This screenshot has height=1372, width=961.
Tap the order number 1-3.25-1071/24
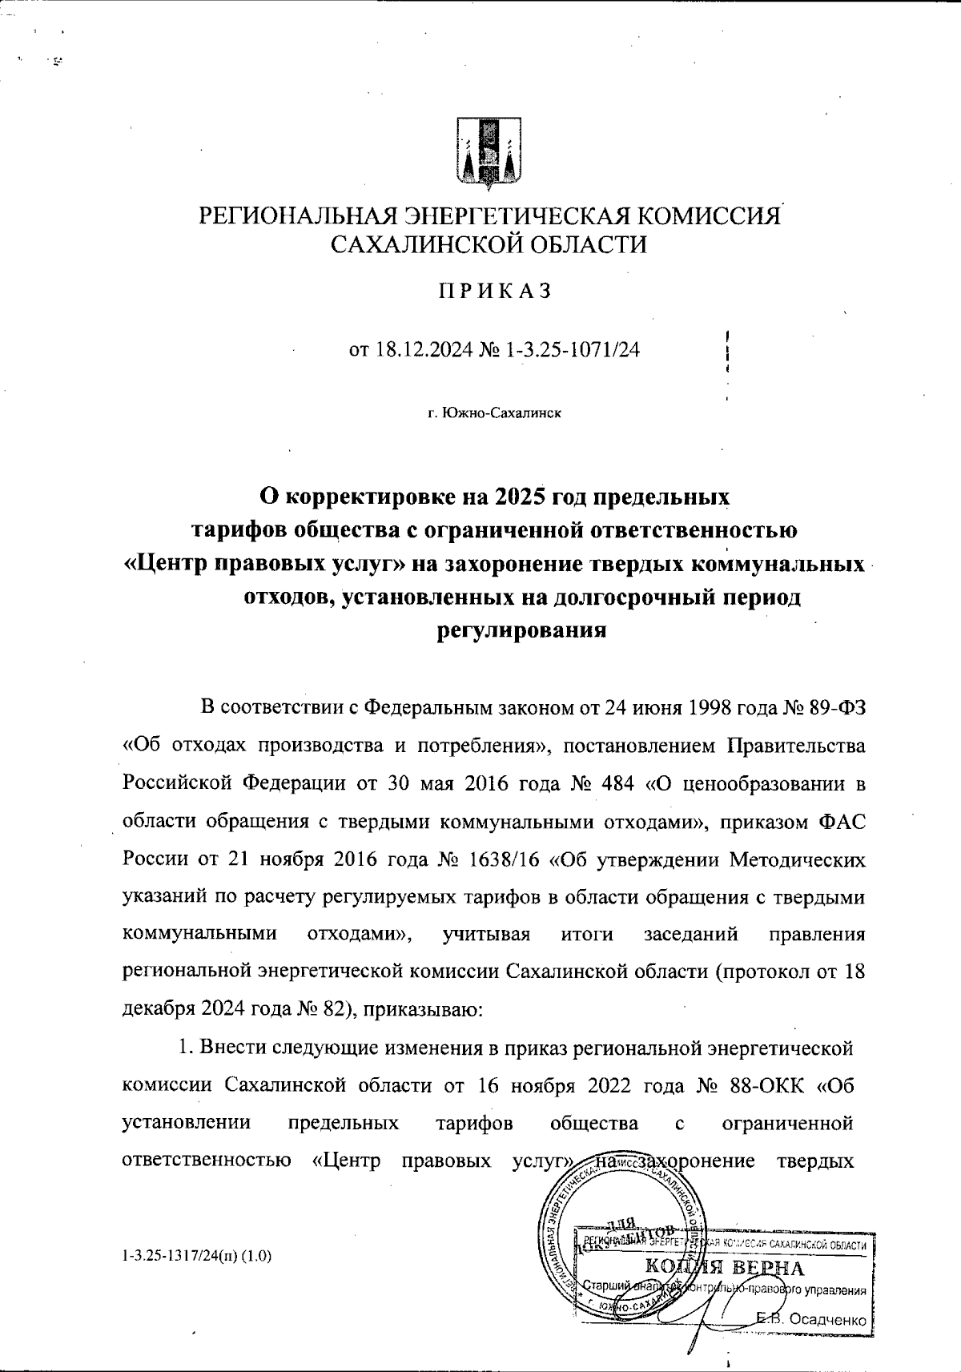point(574,350)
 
